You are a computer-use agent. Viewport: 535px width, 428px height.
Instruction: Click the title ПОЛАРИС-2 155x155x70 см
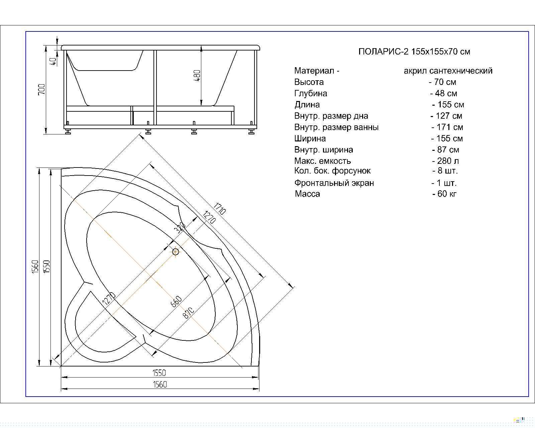[x=414, y=51]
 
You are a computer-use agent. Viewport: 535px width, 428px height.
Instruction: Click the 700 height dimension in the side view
[x=41, y=89]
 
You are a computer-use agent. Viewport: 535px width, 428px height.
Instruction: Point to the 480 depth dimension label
[x=197, y=76]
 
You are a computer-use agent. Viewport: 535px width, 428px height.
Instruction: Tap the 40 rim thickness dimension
[x=53, y=61]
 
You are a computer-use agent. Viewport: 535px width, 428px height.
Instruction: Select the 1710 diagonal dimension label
[x=220, y=209]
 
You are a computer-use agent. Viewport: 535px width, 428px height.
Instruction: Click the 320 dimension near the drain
[x=180, y=228]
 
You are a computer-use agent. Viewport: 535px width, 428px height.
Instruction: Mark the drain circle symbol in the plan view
[x=176, y=252]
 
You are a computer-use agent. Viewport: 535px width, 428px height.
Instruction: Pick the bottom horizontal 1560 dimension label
[x=160, y=385]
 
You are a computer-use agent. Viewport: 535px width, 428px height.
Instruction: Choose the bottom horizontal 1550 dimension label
[x=159, y=373]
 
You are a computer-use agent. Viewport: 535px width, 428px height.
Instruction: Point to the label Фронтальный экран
[x=334, y=183]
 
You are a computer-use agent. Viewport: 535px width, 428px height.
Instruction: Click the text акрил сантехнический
[x=448, y=71]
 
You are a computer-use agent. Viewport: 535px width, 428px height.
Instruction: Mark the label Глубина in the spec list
[x=311, y=93]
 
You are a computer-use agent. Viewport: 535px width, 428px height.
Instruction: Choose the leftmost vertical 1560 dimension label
[x=35, y=267]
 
